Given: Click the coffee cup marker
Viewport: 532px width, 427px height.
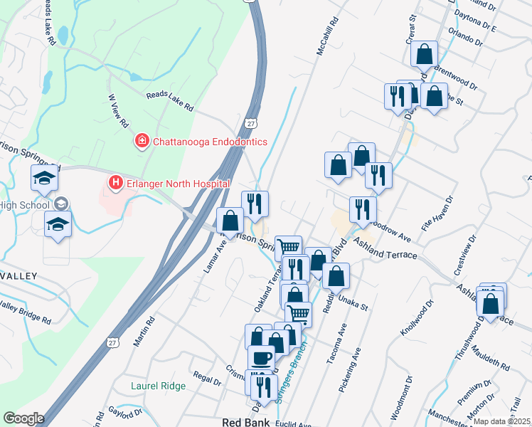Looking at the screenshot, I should click(x=261, y=357).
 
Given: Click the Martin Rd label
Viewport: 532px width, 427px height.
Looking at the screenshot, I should click(x=144, y=332).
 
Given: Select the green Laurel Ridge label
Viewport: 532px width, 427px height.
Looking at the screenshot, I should click(x=159, y=386).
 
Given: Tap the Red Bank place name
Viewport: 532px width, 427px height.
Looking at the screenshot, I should click(x=245, y=422).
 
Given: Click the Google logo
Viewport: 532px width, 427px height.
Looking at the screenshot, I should click(x=23, y=418).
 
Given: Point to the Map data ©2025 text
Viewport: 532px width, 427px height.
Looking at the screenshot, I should click(x=501, y=421).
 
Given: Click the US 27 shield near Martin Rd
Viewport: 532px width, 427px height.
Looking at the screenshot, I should click(x=112, y=342).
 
